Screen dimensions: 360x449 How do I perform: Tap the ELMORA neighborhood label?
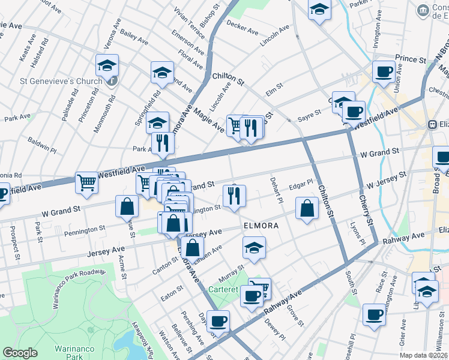[x=261, y=226]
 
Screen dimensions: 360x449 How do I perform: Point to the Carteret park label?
[x=224, y=289]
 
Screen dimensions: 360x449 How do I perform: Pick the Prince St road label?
[x=410, y=59]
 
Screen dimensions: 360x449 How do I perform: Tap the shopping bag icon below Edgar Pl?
[x=307, y=209]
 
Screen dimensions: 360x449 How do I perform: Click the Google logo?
[x=20, y=353]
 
